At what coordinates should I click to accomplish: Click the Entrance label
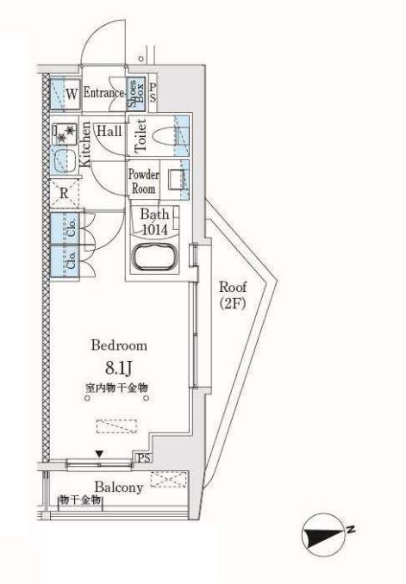[x=103, y=92]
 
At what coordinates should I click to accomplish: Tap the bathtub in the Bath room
[x=154, y=256]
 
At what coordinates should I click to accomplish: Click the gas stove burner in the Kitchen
[x=65, y=134]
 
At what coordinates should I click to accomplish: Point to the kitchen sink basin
[x=64, y=161]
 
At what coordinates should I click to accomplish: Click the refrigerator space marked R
[x=65, y=193]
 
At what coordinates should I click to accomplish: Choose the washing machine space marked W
[x=66, y=94]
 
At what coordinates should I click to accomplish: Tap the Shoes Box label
[x=135, y=93]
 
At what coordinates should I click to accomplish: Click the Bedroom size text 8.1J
[x=119, y=368]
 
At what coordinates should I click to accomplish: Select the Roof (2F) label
[x=232, y=295]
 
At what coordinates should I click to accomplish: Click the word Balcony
[x=119, y=488]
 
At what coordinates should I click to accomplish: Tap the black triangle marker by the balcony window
[x=99, y=454]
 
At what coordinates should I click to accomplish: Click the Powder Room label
[x=144, y=181]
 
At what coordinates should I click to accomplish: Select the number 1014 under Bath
[x=154, y=229]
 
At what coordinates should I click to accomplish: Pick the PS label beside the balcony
[x=144, y=458]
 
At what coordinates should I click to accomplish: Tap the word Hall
[x=109, y=131]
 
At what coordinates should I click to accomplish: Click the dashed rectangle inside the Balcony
[x=168, y=479]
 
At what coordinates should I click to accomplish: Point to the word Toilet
[x=141, y=135]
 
